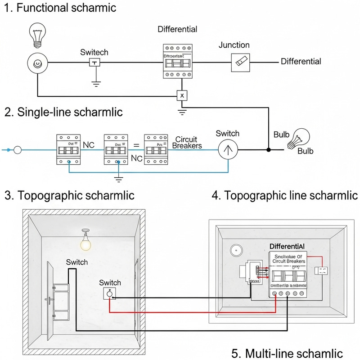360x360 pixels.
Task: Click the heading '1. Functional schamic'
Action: [x=60, y=8]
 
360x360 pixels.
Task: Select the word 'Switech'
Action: [x=94, y=52]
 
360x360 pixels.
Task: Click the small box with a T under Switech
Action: [x=94, y=63]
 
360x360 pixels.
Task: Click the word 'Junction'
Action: [x=234, y=45]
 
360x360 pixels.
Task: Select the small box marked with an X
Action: [x=181, y=95]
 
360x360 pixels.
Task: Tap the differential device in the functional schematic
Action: [x=177, y=62]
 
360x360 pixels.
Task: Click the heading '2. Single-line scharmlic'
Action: [x=63, y=112]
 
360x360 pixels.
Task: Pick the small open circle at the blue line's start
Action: [x=18, y=150]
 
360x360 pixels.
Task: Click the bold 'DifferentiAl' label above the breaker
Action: [x=287, y=246]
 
